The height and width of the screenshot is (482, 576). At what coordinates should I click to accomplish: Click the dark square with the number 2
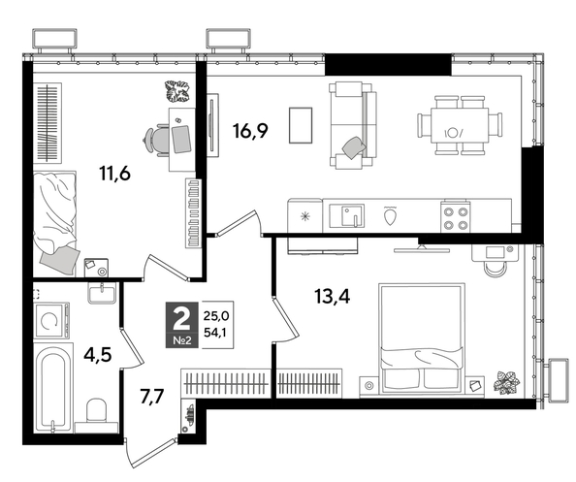(x=180, y=319)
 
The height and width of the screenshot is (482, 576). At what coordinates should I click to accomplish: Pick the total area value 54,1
(x=217, y=332)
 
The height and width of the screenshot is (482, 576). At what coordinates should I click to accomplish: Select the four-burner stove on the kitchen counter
(x=456, y=216)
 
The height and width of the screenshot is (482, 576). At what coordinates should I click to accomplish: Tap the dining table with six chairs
(x=460, y=126)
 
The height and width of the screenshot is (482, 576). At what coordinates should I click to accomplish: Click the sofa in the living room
(x=350, y=124)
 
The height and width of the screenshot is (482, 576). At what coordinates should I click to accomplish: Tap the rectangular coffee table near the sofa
(x=302, y=125)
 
